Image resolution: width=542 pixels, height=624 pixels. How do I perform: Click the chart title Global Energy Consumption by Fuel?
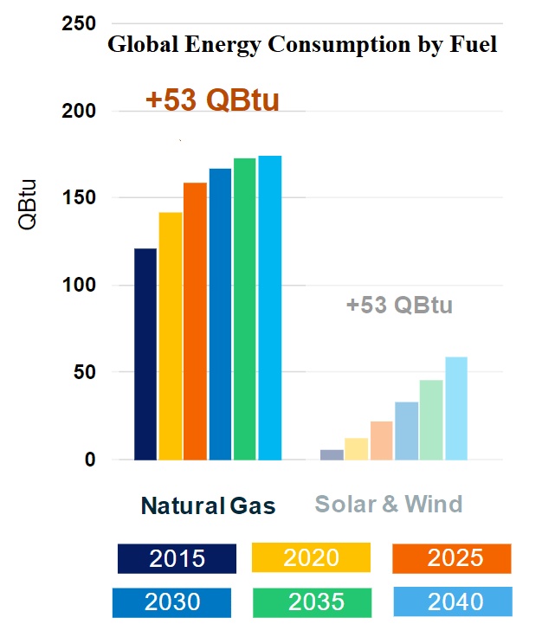[x=301, y=44]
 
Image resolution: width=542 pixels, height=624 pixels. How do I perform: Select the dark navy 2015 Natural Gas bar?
[x=145, y=354]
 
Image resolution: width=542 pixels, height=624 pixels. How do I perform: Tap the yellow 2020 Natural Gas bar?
[x=170, y=336]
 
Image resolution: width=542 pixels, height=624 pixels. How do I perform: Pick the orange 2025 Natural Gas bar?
[x=195, y=321]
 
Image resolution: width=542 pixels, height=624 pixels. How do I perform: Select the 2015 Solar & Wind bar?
[x=332, y=454]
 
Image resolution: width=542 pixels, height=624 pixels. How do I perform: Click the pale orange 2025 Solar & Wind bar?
[x=382, y=441]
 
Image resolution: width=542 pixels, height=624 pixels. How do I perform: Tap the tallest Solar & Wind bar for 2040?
[x=456, y=408]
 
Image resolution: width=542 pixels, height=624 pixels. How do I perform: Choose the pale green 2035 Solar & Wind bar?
[x=431, y=420]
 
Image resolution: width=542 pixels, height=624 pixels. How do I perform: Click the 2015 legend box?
[x=177, y=558]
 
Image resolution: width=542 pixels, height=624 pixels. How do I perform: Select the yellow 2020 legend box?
[x=311, y=557]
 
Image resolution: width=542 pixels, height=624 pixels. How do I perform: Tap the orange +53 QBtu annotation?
[x=212, y=100]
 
